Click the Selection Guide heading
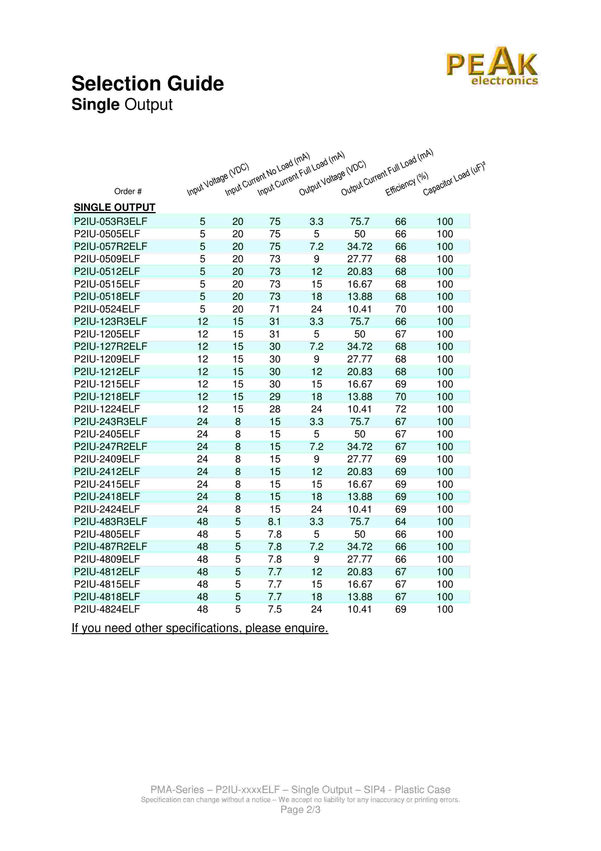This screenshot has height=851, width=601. (147, 83)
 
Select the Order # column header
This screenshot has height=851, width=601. (128, 191)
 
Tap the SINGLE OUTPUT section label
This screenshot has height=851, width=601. (114, 207)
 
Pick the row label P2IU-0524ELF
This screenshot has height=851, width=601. (107, 309)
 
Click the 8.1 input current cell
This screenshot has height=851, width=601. (274, 522)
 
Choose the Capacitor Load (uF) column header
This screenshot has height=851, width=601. (454, 179)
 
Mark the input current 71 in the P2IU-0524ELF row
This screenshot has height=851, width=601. (274, 309)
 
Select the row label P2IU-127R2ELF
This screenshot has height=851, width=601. (110, 347)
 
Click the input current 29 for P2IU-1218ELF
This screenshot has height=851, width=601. (274, 397)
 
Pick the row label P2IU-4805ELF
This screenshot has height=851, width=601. (107, 534)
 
